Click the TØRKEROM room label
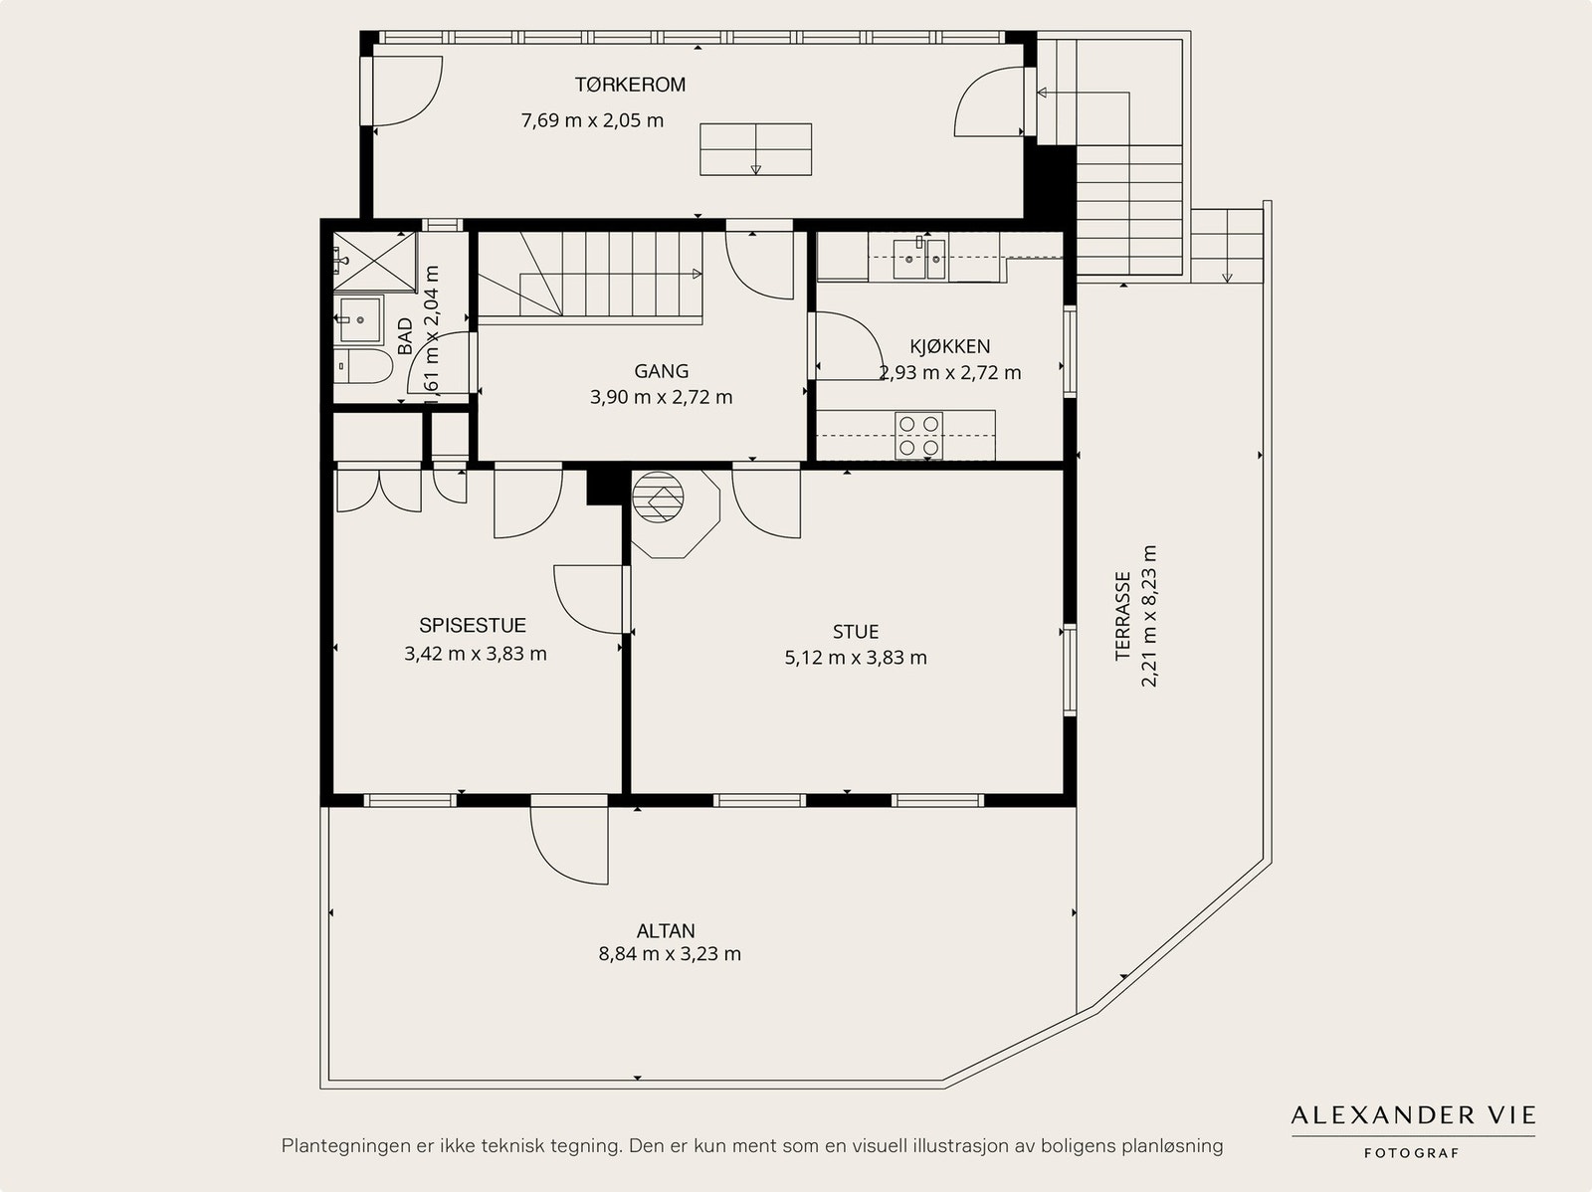point(630,85)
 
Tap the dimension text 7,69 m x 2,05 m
point(592,120)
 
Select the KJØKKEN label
point(949,346)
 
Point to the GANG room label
point(661,371)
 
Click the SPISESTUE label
point(473,625)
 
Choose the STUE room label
point(856,632)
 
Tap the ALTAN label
point(666,931)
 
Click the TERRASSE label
point(1122,616)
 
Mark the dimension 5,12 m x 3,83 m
point(856,658)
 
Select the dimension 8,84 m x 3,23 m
point(670,954)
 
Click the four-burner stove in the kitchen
point(919,436)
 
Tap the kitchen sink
point(919,259)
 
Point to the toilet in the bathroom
point(363,366)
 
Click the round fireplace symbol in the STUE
point(658,497)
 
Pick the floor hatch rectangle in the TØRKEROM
point(756,149)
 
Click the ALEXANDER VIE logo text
point(1413,1115)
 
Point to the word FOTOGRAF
point(1411,1153)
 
